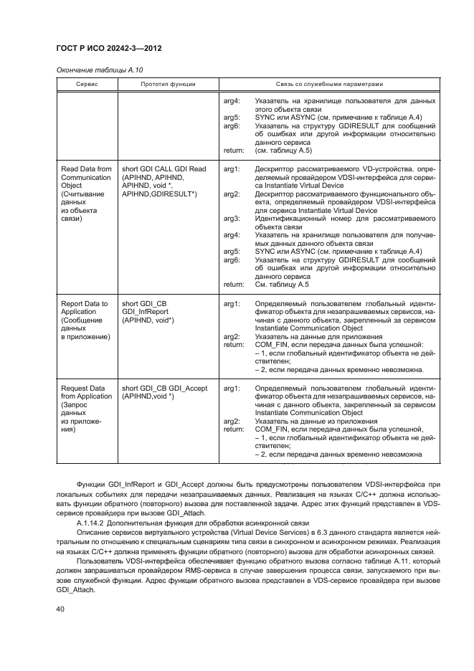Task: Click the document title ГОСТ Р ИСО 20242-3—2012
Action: tap(108, 48)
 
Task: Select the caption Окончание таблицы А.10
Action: tap(92, 70)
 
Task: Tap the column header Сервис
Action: tap(87, 85)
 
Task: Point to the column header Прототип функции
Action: tap(169, 85)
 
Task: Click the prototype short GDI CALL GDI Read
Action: tap(164, 169)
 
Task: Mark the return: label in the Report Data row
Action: tap(234, 345)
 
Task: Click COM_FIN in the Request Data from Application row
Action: tap(272, 429)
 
